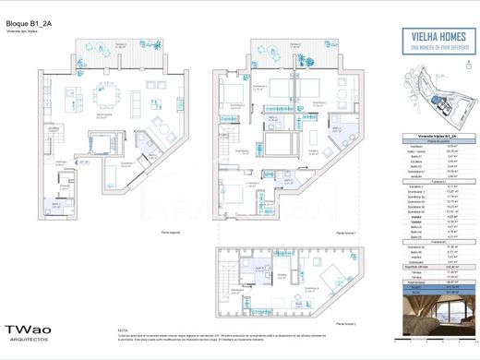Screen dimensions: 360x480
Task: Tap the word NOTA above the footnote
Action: (124, 329)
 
